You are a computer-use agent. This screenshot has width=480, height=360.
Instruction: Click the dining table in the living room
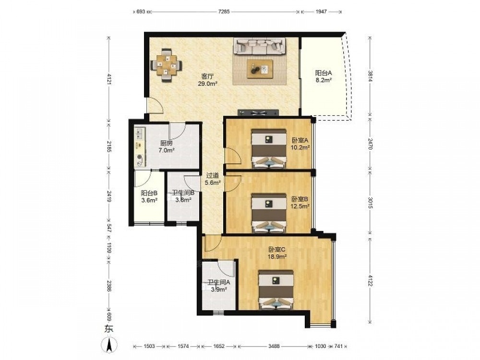(x=166, y=65)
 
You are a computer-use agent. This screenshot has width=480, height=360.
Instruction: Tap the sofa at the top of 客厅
(x=260, y=47)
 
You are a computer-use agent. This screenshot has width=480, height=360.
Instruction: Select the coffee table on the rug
(x=260, y=69)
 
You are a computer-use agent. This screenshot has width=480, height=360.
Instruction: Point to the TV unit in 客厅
(x=258, y=113)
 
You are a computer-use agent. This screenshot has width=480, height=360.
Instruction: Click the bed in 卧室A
(x=269, y=149)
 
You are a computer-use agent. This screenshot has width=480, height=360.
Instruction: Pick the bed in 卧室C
(x=276, y=290)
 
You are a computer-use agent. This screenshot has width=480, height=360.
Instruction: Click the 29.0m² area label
(x=207, y=83)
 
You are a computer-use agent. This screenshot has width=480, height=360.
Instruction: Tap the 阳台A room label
(x=324, y=73)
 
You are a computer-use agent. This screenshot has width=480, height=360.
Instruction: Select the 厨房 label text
(x=167, y=143)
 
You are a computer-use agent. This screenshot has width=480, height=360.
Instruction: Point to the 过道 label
(x=213, y=176)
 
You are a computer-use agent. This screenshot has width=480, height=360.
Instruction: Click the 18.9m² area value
(x=277, y=256)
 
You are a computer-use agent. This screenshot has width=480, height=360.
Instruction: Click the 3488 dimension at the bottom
(x=274, y=346)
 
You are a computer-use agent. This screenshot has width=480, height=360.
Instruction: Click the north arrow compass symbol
(x=108, y=344)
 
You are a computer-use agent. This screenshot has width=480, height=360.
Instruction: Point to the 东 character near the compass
(x=108, y=329)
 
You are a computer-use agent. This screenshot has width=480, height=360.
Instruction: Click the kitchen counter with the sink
(x=140, y=147)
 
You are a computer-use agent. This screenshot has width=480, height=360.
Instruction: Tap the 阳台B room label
(x=149, y=193)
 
